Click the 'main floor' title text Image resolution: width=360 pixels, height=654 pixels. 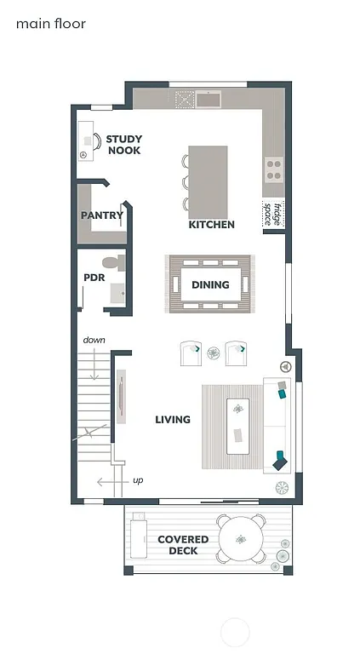coord(51,24)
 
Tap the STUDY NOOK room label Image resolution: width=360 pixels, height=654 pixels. coord(124,145)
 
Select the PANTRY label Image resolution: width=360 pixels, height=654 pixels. coord(101,215)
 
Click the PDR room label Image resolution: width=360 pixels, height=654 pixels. coord(94,278)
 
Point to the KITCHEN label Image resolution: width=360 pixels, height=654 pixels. coord(211,225)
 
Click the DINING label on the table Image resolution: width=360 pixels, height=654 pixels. coord(210,284)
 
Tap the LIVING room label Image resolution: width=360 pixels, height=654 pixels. coord(173,419)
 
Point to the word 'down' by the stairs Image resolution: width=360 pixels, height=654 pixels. coord(94,341)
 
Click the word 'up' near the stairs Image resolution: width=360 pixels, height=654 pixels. coord(138,480)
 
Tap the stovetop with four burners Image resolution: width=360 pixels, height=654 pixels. coord(274,169)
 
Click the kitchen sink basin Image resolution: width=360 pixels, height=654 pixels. coord(209,99)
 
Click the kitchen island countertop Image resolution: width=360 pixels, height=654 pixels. coord(209,181)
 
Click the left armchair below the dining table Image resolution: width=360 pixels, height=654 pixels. coord(191,353)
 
